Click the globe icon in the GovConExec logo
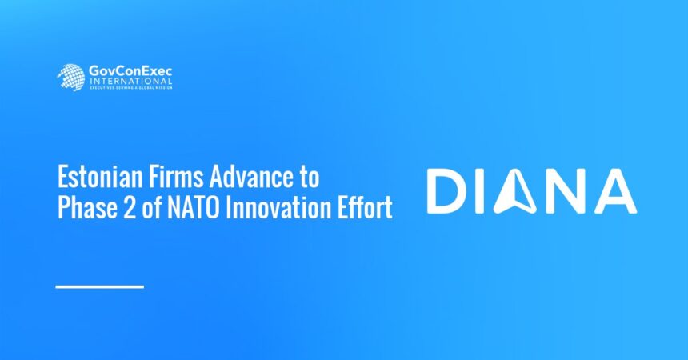(70, 77)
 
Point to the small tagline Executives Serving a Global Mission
(129, 87)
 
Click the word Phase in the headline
(84, 208)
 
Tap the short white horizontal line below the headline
(100, 286)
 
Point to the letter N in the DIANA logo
(564, 192)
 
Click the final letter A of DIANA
(616, 192)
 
